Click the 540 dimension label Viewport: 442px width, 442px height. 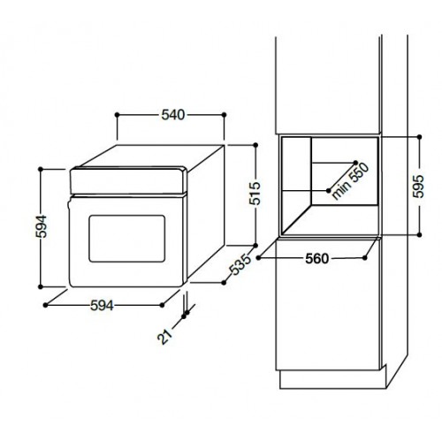(173, 115)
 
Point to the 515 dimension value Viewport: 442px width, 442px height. (255, 194)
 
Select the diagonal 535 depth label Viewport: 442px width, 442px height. (240, 264)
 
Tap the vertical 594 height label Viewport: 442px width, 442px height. (41, 226)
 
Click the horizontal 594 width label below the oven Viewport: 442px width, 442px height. (102, 305)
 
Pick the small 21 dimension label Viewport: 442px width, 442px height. (164, 336)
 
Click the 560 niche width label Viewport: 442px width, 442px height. (316, 259)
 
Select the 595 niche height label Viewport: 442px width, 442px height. (418, 187)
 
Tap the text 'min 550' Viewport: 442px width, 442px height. (350, 181)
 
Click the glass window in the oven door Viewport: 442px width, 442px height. (127, 239)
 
